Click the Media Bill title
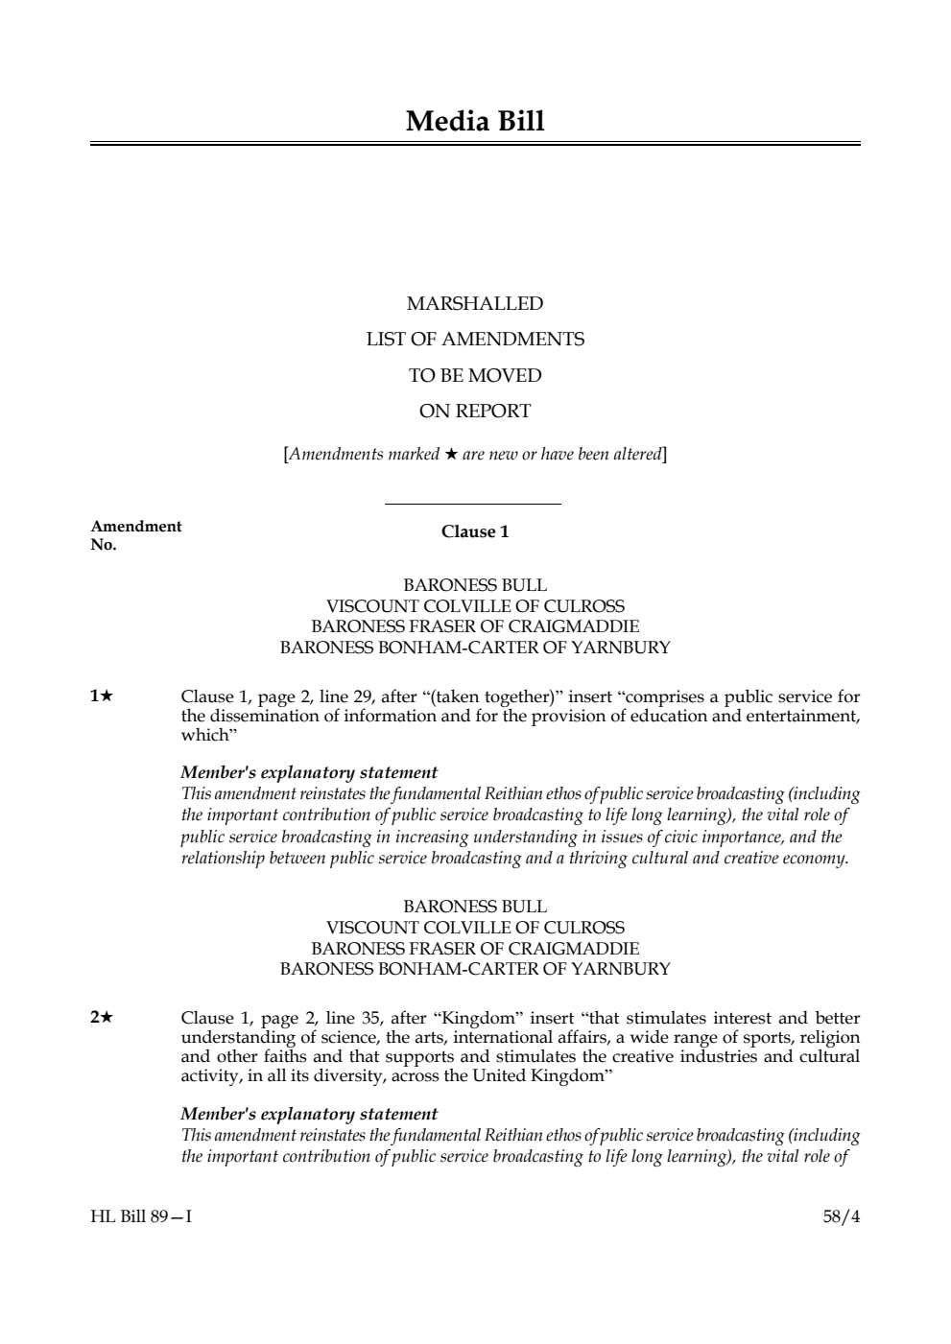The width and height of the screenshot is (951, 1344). click(x=475, y=122)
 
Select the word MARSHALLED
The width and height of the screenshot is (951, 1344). click(x=475, y=304)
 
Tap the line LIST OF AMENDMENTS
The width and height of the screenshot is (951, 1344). click(x=475, y=340)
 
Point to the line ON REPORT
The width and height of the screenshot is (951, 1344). click(x=475, y=412)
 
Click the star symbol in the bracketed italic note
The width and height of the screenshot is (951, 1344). click(x=451, y=455)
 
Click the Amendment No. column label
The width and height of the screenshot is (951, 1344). click(x=135, y=535)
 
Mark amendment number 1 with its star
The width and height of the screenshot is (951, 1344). click(x=102, y=697)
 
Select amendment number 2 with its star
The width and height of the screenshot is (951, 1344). click(x=102, y=1019)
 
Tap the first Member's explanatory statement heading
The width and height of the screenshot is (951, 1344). click(x=309, y=773)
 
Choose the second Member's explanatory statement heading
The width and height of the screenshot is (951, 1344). click(x=309, y=1115)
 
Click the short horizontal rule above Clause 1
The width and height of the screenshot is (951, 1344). click(x=472, y=504)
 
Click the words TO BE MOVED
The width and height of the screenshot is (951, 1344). click(x=475, y=376)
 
